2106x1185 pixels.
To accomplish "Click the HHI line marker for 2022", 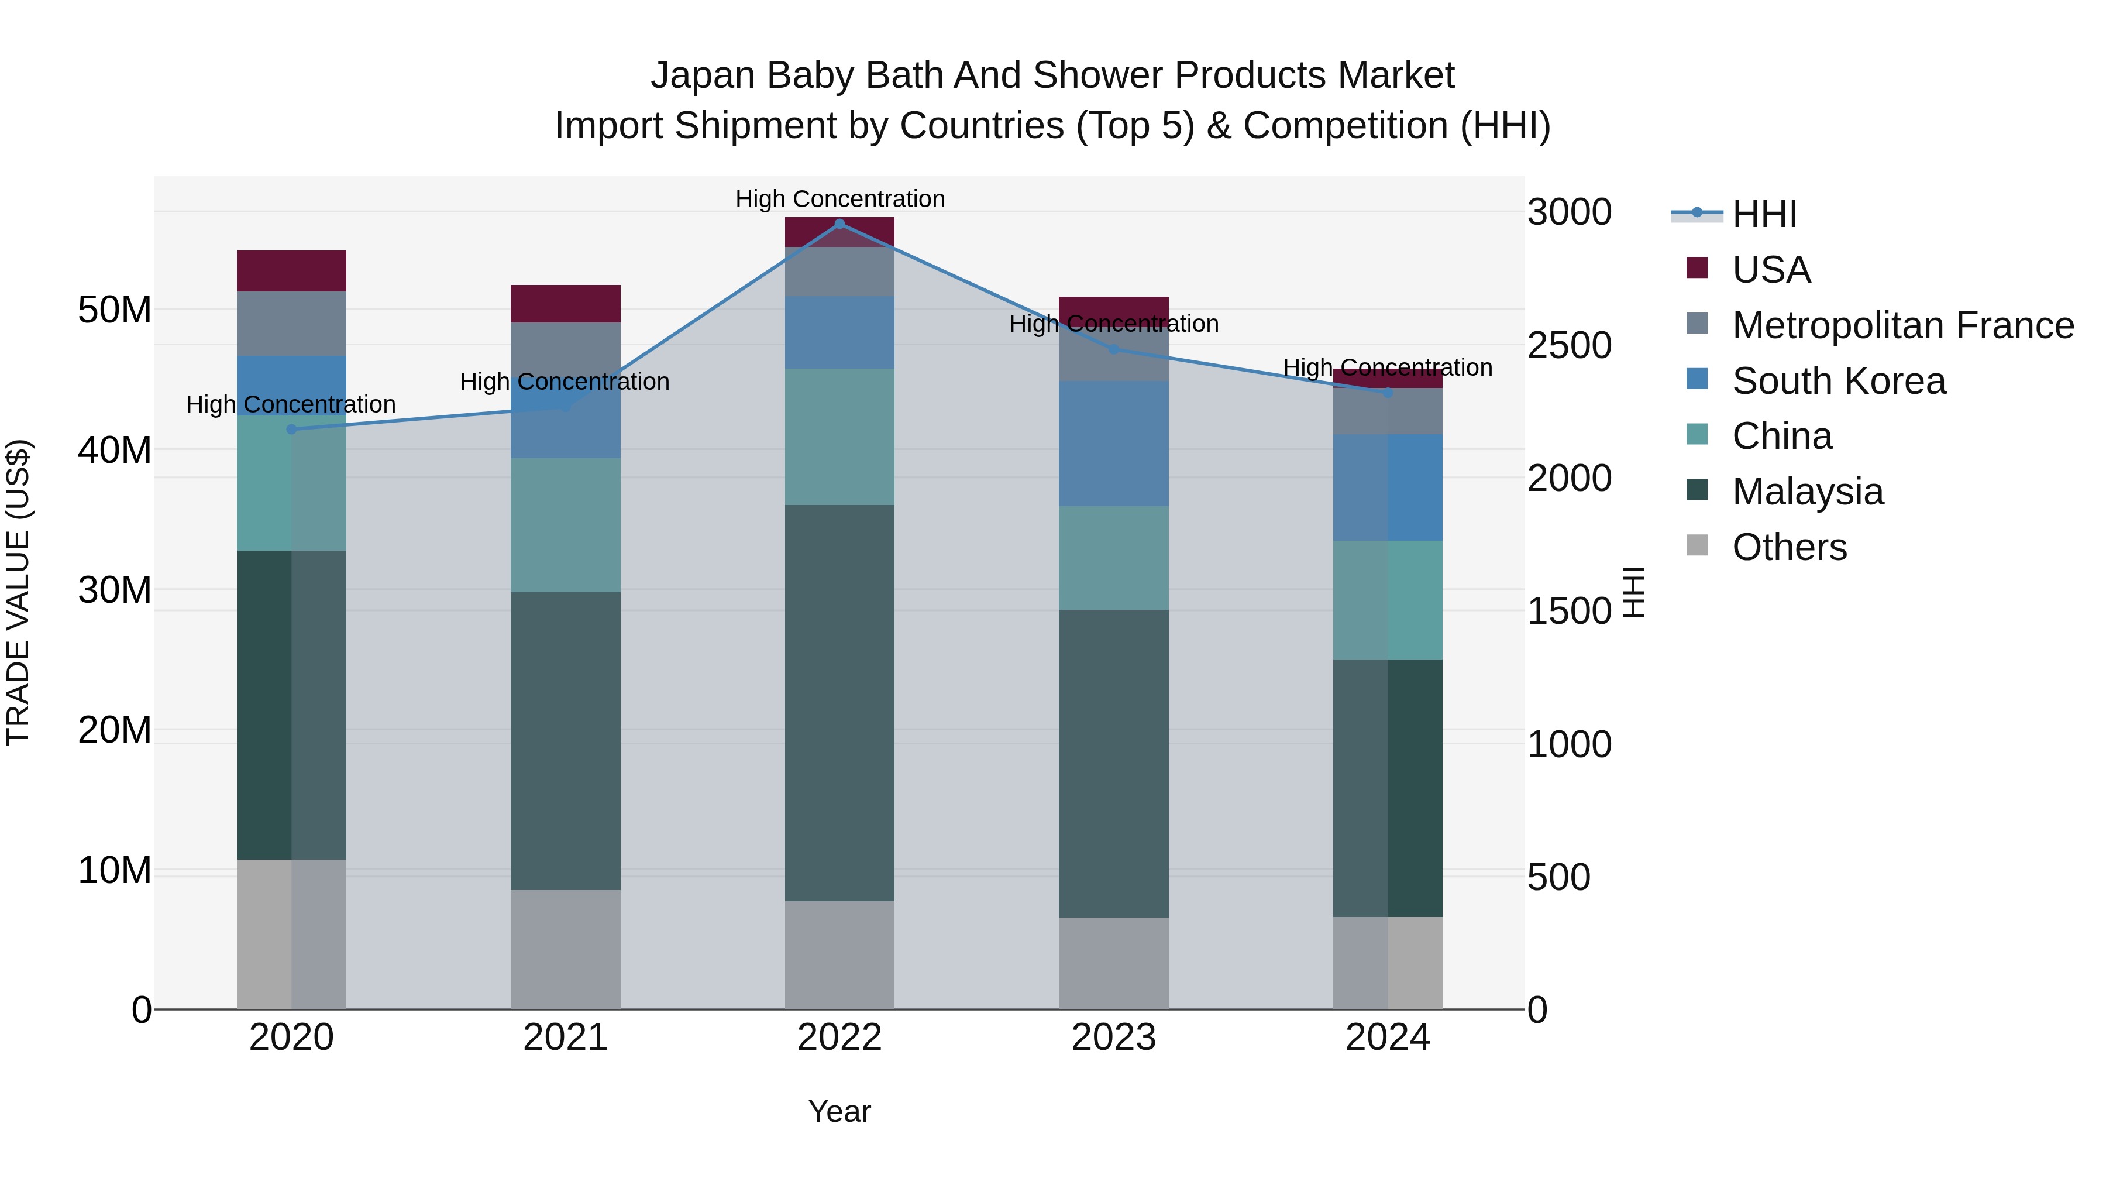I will [839, 224].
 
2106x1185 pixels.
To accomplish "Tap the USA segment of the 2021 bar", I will [565, 303].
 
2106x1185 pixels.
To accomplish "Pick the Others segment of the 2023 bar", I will [1113, 963].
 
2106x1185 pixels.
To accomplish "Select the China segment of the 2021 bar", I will [565, 525].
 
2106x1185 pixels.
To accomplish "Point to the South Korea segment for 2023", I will [1113, 443].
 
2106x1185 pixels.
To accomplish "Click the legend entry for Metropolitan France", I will [1902, 325].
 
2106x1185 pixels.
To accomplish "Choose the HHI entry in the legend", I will [1764, 214].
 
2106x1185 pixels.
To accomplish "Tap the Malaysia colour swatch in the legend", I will [1697, 490].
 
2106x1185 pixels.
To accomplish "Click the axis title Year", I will [839, 1111].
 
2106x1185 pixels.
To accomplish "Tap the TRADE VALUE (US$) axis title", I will [18, 592].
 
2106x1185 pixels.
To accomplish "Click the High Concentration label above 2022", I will [839, 199].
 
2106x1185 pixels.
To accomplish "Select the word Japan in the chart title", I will [702, 75].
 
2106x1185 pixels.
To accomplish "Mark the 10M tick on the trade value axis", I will [115, 871].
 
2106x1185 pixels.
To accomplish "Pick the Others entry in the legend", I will [1789, 547].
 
